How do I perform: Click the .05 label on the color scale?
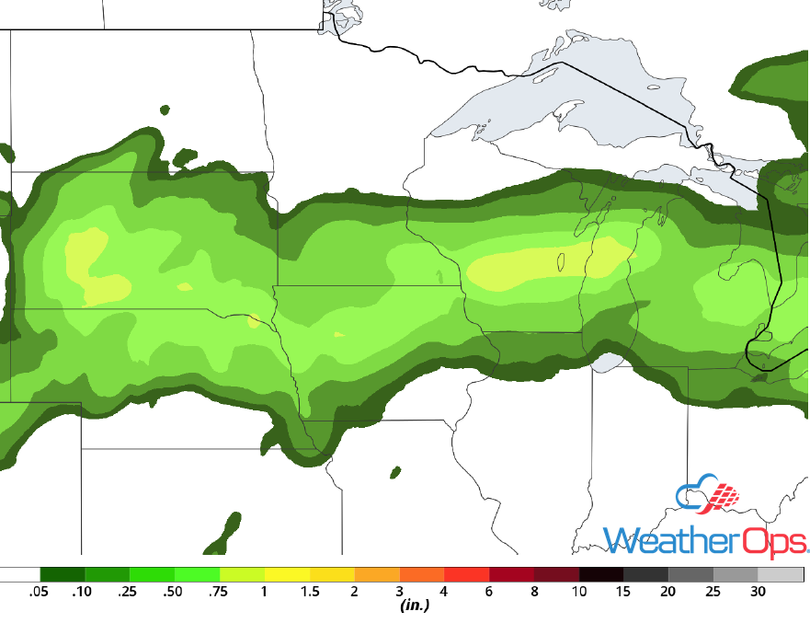coord(39,592)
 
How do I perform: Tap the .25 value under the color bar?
coord(129,592)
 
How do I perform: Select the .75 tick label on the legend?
coord(218,592)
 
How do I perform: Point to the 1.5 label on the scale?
coord(309,592)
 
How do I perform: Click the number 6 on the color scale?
coord(489,592)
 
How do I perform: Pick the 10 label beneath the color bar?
coord(579,592)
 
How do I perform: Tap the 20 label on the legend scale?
coord(669,592)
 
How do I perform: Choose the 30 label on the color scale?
coord(759,592)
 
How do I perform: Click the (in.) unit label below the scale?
coord(415,606)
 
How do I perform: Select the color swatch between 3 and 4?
coord(421,574)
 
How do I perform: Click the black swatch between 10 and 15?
coord(601,574)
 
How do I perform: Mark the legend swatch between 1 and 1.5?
coord(287,574)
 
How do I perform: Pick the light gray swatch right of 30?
coord(781,574)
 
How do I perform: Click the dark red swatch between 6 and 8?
coord(511,574)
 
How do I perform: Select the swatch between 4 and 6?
coord(466,574)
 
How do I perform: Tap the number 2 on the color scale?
coord(354,592)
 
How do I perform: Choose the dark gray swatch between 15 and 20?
coord(646,574)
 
